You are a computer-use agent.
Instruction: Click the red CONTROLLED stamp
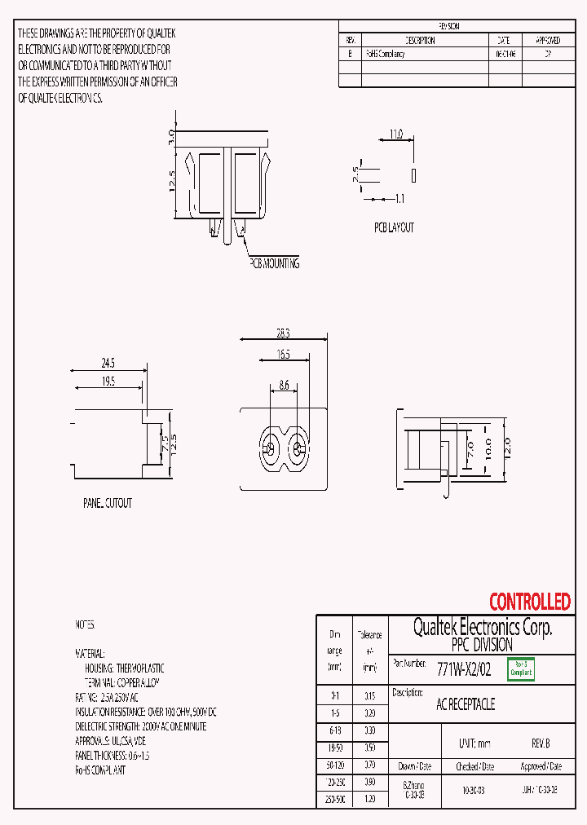529,602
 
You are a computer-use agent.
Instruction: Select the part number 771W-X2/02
464,669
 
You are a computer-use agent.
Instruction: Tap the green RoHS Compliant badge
521,669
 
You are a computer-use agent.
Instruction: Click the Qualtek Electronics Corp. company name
482,627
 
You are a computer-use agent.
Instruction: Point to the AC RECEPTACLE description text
466,704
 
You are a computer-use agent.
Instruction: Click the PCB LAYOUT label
394,227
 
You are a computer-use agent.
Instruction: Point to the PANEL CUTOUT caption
107,504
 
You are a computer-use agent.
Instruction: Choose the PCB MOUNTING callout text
274,263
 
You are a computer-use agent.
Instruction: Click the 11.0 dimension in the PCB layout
395,134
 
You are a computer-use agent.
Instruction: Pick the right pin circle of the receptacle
298,448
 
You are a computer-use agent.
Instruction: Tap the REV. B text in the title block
541,743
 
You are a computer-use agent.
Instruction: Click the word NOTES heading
86,624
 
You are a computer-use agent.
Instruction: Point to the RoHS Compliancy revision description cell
385,54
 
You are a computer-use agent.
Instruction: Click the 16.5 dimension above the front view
282,354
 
